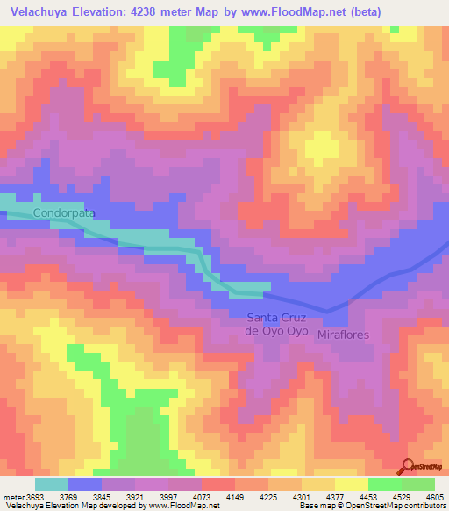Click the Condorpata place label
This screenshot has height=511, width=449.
point(63,213)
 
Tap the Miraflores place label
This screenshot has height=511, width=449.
point(344,335)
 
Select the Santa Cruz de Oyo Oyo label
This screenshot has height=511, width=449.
point(276,324)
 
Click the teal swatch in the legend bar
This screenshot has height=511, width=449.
point(52,484)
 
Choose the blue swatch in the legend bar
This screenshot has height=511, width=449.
point(85,484)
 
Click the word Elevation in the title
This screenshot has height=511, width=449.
point(108,12)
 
